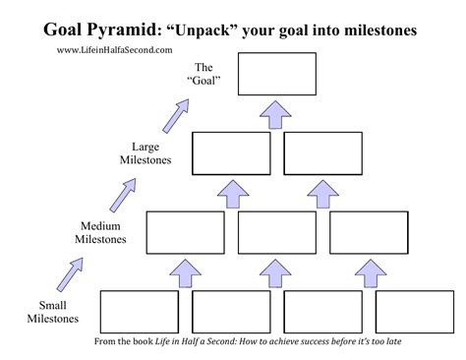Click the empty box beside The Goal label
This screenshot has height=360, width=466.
point(276,74)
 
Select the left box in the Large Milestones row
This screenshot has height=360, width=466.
point(230,151)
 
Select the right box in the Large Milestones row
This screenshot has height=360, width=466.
point(322,151)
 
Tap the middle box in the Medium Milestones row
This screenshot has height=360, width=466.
point(276,231)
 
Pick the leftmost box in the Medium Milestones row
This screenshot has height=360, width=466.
point(185,231)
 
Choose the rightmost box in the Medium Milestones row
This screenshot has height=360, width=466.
point(368,231)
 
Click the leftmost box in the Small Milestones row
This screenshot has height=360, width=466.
point(139,311)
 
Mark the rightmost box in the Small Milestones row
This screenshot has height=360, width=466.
point(415,311)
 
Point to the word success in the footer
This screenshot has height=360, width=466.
point(313,341)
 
